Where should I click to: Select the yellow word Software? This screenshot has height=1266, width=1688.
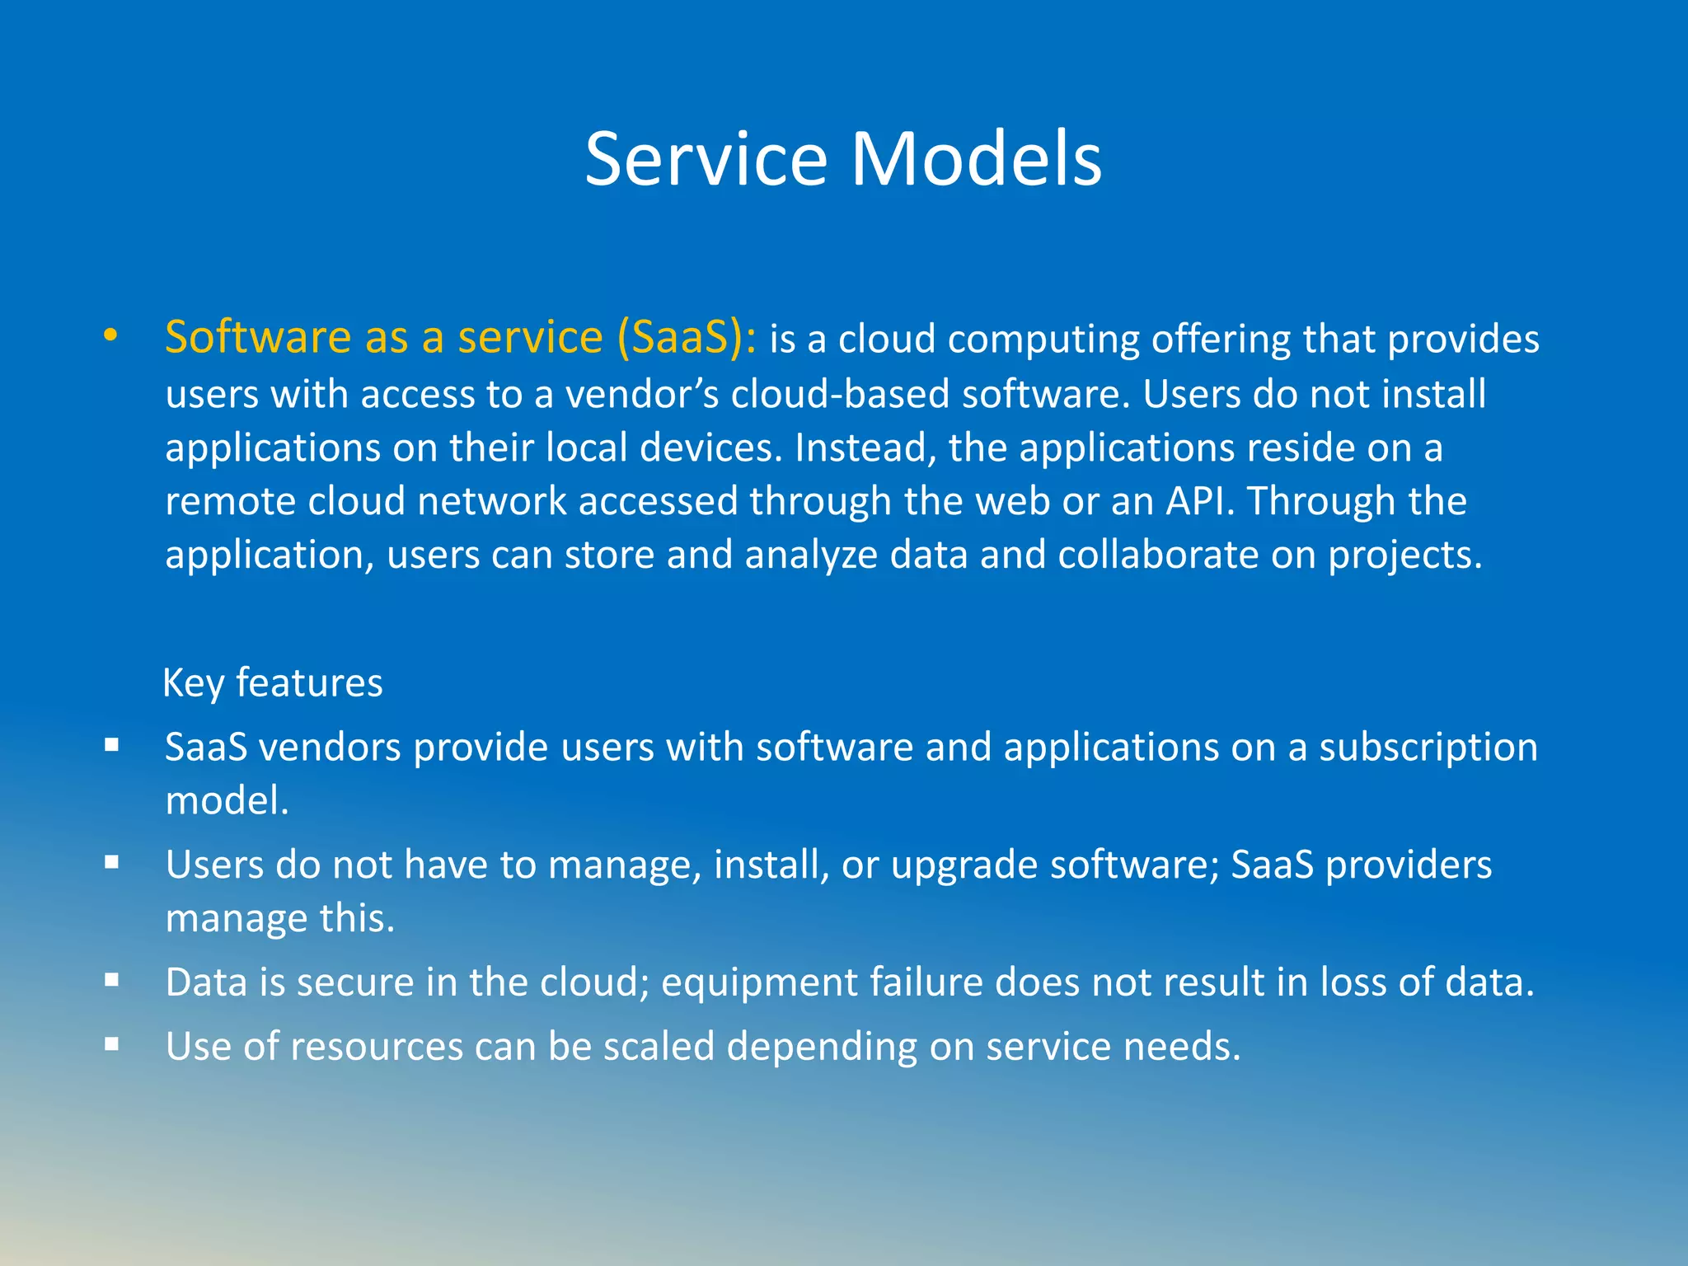click(258, 337)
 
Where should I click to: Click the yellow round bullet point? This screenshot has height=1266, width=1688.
click(110, 336)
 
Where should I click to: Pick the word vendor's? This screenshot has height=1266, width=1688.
click(642, 394)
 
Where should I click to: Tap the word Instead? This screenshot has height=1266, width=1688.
click(865, 448)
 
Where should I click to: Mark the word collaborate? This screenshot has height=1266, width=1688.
click(1158, 555)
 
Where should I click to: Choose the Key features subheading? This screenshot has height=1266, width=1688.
click(273, 683)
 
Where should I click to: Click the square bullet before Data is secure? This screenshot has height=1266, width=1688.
click(112, 981)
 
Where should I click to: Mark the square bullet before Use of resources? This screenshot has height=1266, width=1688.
click(112, 1044)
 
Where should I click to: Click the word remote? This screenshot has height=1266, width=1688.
click(230, 501)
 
